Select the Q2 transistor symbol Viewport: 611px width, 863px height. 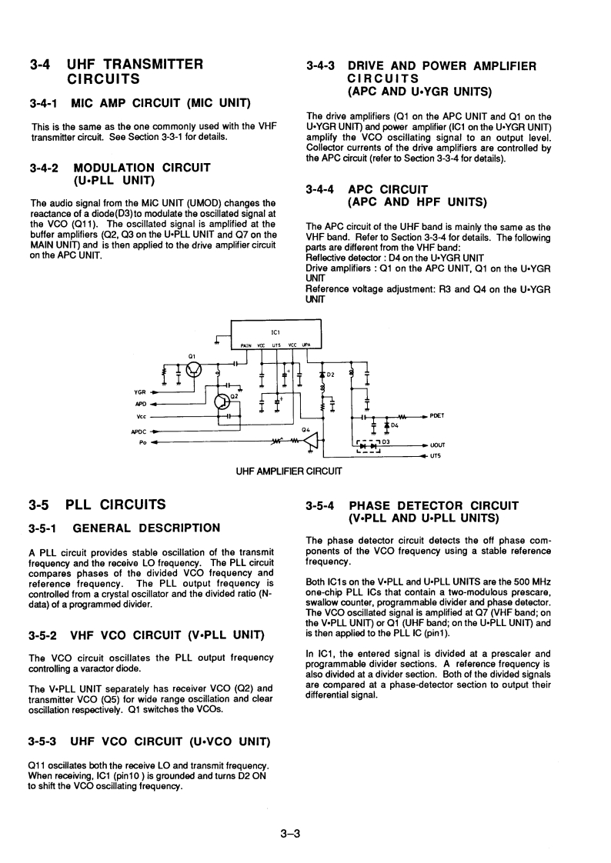[x=223, y=401]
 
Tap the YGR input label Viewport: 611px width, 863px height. [x=142, y=391]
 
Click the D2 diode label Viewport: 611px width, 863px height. [x=331, y=375]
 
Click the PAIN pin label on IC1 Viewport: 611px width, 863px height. [x=248, y=345]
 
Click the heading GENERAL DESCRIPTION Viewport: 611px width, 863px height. [x=145, y=528]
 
